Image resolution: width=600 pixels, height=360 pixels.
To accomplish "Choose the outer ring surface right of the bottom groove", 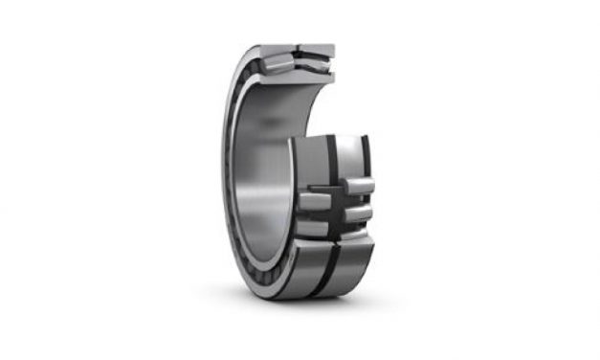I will coord(346,262).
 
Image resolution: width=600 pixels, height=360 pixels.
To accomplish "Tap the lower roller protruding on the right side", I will coord(357,213).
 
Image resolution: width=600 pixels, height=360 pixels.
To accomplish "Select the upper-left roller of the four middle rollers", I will coord(315,199).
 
